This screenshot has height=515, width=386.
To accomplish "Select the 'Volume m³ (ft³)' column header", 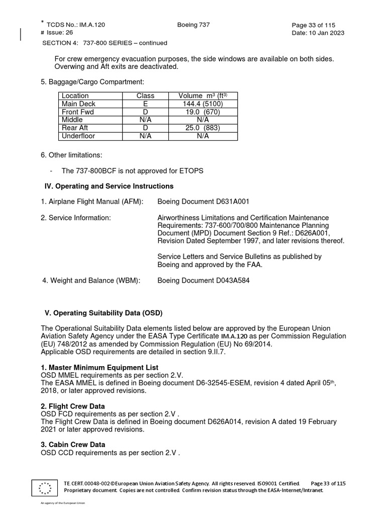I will (202, 96).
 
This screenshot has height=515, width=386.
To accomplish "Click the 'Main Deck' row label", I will (75, 104).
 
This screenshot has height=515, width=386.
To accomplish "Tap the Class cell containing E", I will (146, 104).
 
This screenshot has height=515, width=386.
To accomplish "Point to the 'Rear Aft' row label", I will (74, 128).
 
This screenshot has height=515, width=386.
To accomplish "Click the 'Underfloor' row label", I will (78, 136).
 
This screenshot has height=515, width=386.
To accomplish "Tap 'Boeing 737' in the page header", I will (194, 25).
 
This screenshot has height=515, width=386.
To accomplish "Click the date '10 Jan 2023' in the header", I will (326, 33).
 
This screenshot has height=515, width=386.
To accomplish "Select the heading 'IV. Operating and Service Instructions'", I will (109, 186).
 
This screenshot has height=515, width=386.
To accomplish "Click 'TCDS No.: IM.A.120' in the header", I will (76, 25).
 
